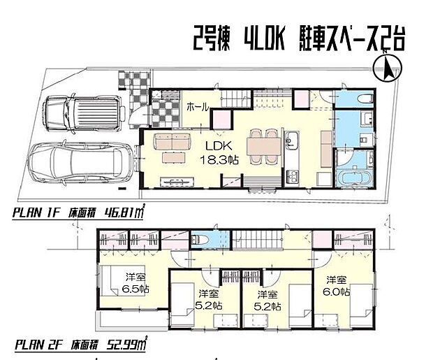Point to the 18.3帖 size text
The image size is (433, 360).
(x=219, y=160)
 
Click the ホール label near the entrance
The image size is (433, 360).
(x=200, y=107)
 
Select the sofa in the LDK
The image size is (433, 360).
(x=170, y=144)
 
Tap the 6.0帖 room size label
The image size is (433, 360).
(x=338, y=292)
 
